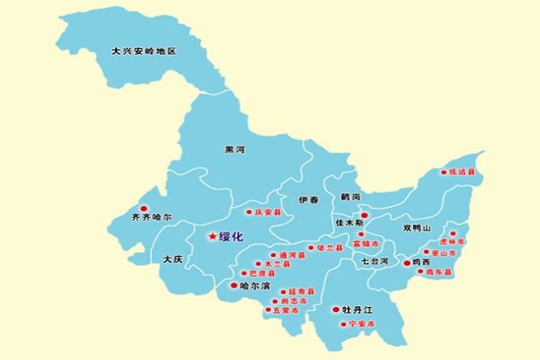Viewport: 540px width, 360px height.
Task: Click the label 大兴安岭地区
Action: (143, 52)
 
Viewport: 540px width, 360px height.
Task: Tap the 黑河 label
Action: (235, 150)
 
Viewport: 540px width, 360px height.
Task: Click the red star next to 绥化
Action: (212, 237)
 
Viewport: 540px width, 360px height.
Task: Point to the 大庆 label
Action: (174, 259)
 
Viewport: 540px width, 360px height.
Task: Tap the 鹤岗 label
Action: (350, 196)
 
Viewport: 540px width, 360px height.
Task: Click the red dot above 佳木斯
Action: (364, 215)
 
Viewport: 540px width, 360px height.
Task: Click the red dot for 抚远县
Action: (443, 172)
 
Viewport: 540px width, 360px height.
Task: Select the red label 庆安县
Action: (268, 213)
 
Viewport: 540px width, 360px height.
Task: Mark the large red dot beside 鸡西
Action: (405, 263)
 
